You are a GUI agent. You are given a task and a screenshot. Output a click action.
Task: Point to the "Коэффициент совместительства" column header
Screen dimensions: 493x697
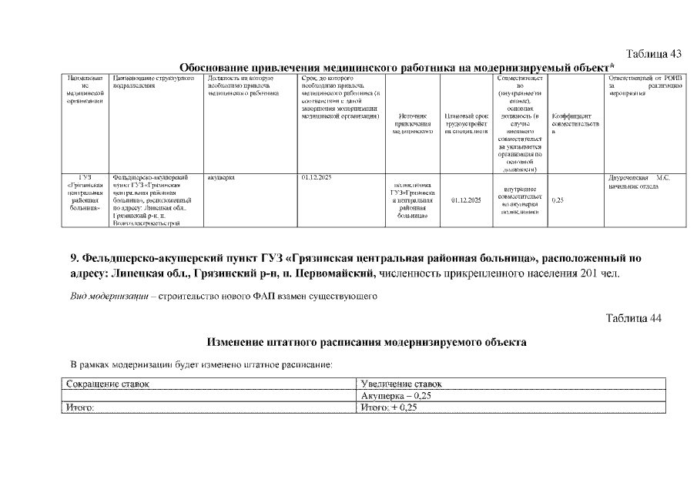tap(575, 124)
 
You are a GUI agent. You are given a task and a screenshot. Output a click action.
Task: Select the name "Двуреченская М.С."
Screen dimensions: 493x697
tap(638, 178)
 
